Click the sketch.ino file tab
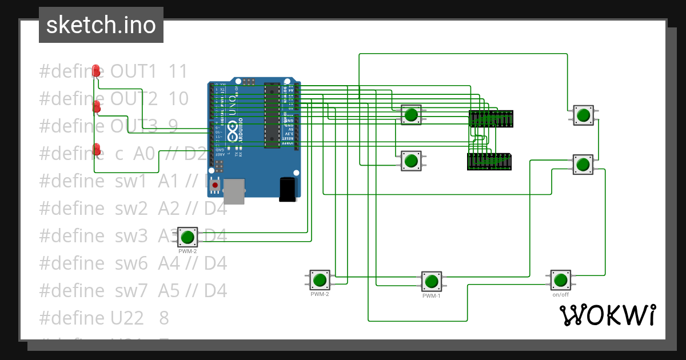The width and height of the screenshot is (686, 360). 101,25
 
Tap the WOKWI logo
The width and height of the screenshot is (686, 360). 607,315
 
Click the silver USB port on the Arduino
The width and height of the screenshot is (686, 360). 234,191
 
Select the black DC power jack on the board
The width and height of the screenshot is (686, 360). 288,189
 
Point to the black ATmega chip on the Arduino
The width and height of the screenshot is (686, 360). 272,114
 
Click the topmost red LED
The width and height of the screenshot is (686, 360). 97,71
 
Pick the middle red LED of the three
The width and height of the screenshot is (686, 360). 97,106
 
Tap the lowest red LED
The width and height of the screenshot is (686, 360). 97,149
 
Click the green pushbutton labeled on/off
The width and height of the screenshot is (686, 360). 560,280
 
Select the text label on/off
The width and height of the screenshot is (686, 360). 560,295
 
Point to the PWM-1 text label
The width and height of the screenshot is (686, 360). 431,296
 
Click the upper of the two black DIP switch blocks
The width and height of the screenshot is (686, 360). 490,119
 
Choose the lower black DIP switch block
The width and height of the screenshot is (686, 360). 489,162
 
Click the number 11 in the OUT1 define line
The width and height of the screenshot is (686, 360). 178,71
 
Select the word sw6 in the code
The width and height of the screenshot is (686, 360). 130,263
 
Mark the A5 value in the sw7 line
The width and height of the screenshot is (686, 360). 169,291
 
